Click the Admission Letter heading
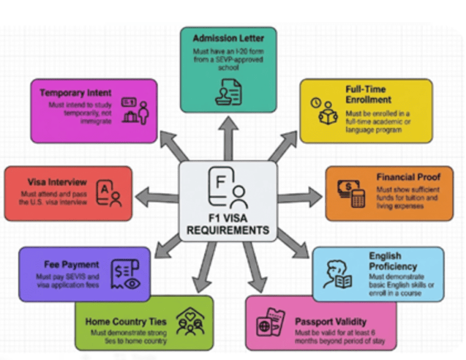(228, 38)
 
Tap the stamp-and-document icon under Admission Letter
(228, 91)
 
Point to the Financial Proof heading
(408, 177)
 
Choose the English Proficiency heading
(393, 261)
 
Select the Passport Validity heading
(330, 321)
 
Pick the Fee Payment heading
(71, 265)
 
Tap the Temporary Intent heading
(76, 93)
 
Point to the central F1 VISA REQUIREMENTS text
(228, 225)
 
